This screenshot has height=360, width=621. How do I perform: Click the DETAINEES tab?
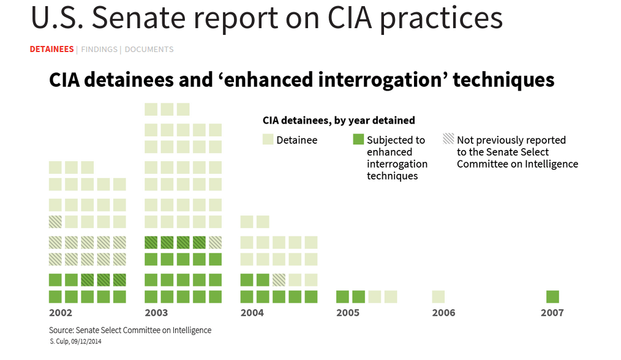point(51,50)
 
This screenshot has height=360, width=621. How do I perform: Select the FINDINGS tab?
point(99,50)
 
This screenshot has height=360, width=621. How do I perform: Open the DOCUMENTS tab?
point(149,50)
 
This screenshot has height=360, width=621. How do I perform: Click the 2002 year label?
point(61,313)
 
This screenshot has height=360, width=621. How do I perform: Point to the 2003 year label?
point(156,313)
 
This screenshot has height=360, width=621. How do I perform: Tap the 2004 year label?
point(252,313)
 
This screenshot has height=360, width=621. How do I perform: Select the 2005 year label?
point(348,313)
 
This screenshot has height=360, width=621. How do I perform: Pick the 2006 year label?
point(443,313)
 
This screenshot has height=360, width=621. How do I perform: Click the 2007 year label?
point(552,313)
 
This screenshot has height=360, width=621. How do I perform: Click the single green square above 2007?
point(552,297)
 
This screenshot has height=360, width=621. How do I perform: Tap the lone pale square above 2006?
point(438,297)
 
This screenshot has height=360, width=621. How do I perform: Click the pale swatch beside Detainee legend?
point(268,140)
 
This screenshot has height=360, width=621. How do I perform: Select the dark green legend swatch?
point(358,140)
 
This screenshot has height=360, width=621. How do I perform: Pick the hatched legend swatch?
point(448,140)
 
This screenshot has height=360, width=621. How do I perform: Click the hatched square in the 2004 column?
point(279,280)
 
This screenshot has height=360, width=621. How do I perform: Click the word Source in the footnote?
point(62,330)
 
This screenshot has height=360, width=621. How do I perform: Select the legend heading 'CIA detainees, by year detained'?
point(339,121)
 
